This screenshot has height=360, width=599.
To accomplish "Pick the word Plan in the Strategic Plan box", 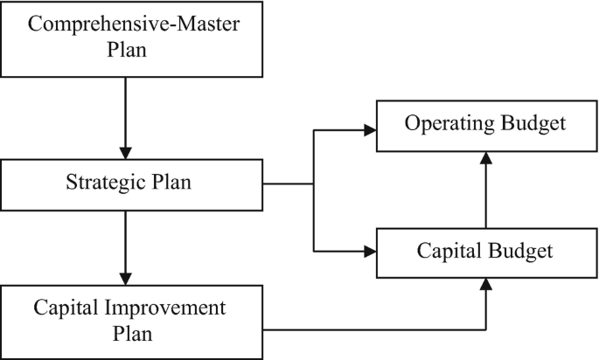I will [170, 183].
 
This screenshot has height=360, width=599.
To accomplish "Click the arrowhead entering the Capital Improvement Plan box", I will [126, 277].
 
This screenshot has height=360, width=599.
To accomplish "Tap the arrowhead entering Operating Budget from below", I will [485, 156].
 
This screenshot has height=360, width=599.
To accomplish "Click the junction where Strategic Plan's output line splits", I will [313, 184].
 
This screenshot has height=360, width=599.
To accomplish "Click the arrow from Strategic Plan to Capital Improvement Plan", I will [126, 245].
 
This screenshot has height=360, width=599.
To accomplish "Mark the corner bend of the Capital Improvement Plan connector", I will [485, 329].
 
